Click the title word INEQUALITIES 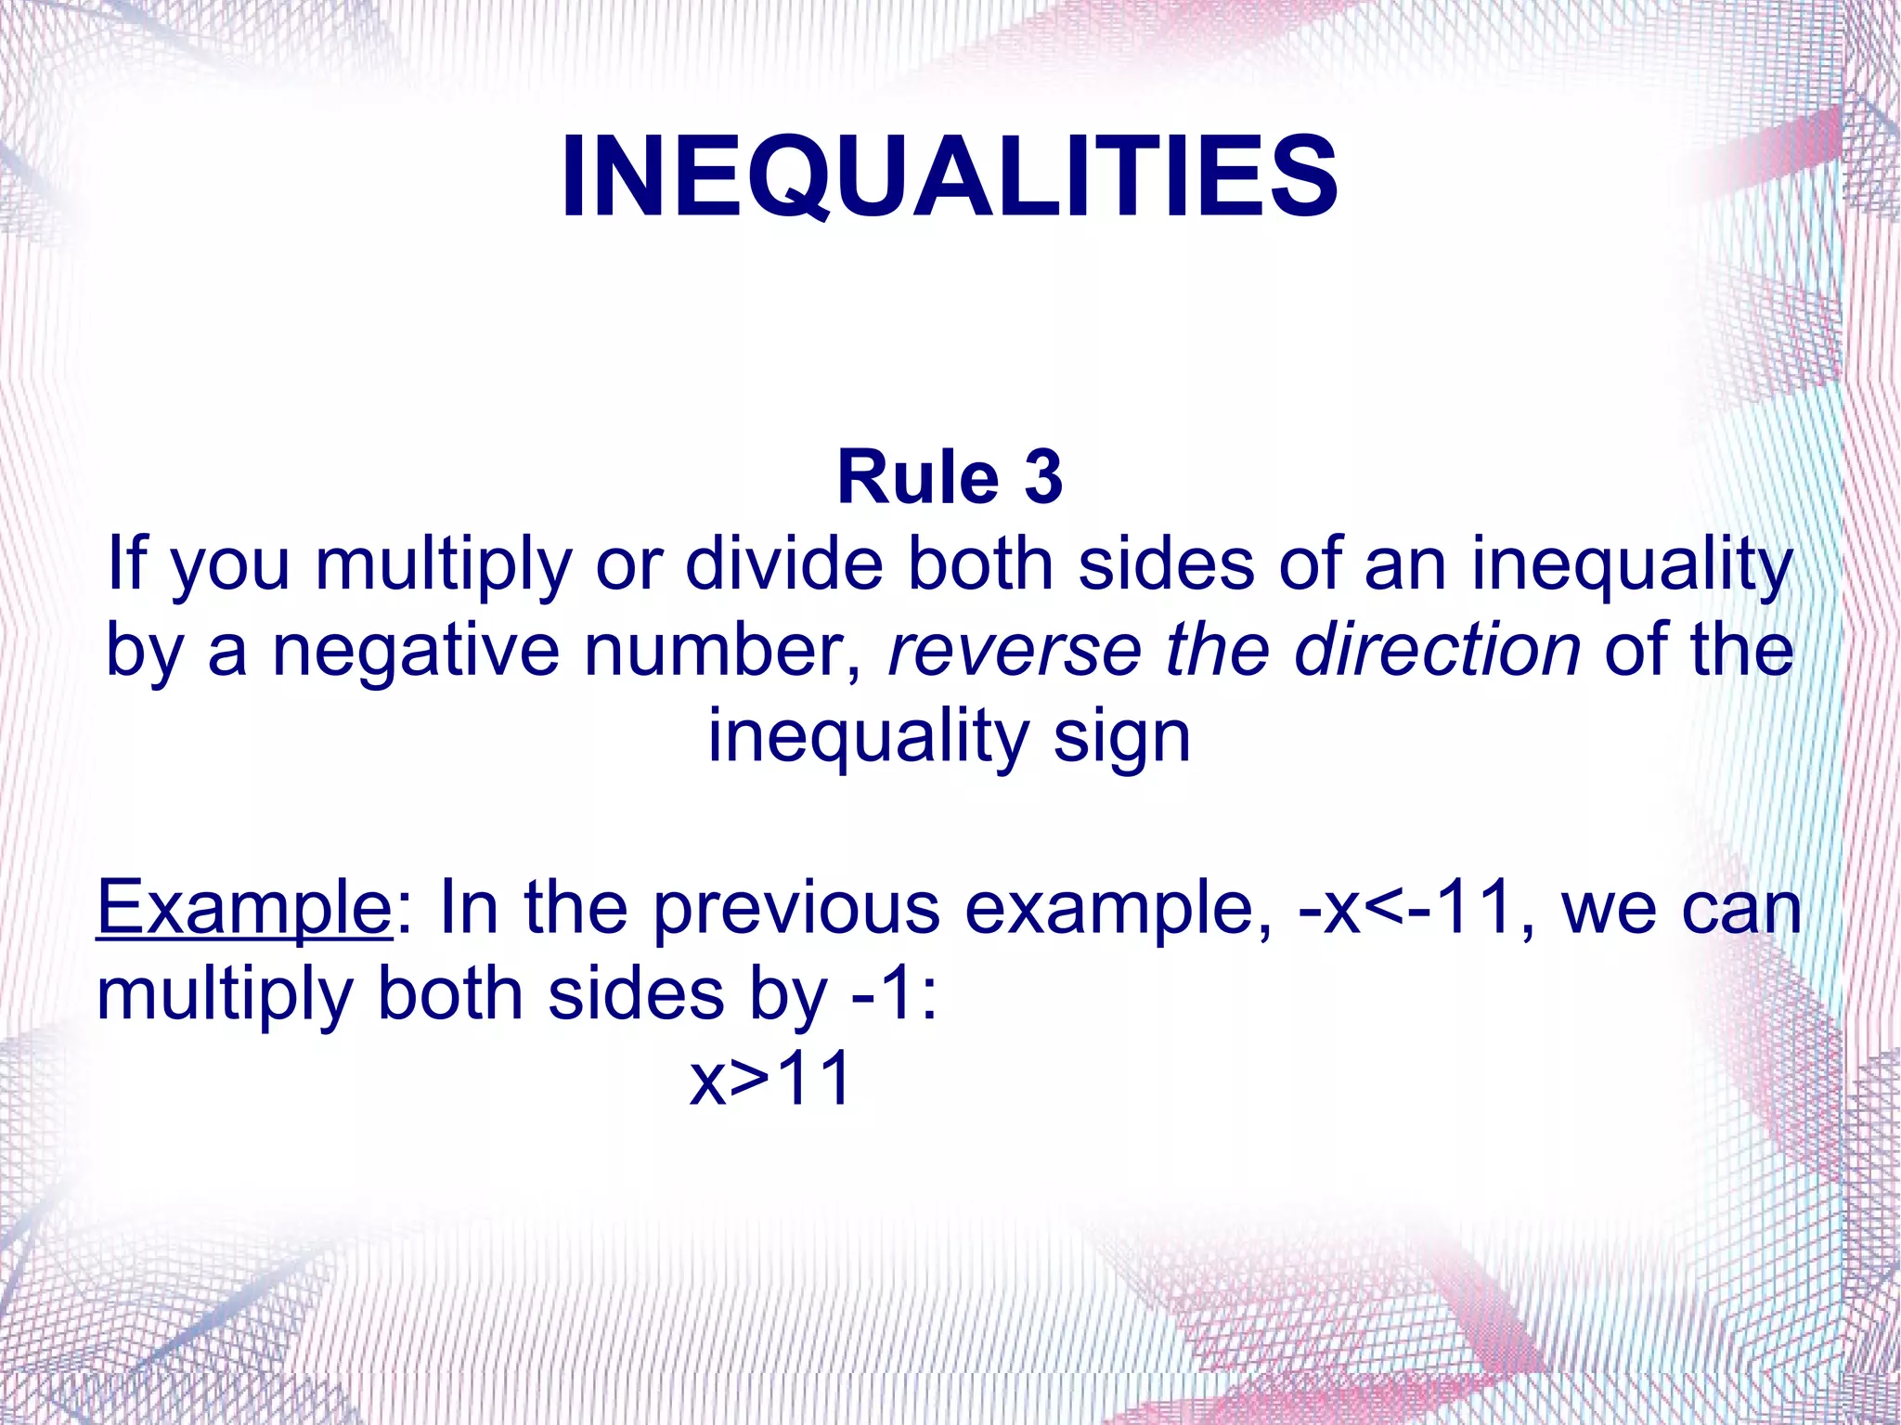tap(949, 176)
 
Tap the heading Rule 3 tap(949, 477)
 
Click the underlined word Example tap(244, 910)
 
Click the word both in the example tap(450, 994)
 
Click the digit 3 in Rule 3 tap(1043, 477)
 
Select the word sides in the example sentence tap(636, 994)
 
